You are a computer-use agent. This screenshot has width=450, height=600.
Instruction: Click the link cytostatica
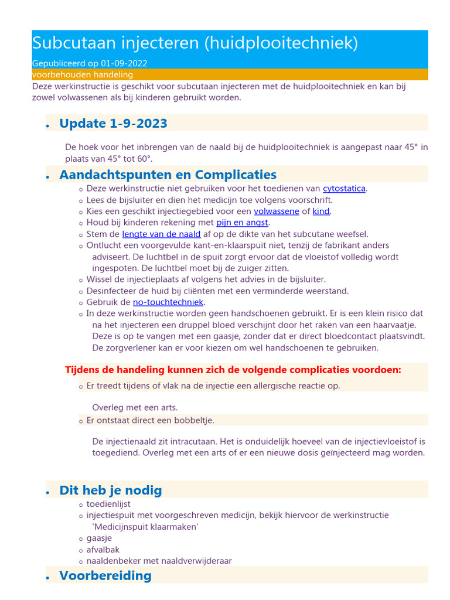344,189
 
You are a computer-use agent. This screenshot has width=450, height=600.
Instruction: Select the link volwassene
276,212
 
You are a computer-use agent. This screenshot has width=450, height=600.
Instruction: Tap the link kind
321,212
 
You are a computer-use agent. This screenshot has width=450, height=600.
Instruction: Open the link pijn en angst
241,223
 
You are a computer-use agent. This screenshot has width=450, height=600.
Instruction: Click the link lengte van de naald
161,234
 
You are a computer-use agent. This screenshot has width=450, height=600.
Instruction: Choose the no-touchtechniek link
168,302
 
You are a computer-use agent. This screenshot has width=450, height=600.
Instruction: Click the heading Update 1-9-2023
113,124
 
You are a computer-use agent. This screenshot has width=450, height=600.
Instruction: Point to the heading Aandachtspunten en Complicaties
168,175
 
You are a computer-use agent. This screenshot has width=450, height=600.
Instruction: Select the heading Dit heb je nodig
110,490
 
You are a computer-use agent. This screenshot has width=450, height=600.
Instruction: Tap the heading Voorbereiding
105,576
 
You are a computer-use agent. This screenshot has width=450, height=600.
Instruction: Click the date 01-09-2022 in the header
124,63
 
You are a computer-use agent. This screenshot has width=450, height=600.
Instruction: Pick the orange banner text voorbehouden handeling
82,75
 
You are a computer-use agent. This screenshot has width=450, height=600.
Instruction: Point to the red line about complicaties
233,370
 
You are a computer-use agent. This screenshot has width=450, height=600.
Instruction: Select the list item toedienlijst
108,504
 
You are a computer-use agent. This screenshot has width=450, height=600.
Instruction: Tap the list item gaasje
99,538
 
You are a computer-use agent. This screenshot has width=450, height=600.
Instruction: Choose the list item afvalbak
101,550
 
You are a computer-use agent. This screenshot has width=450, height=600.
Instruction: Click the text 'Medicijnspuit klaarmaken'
145,527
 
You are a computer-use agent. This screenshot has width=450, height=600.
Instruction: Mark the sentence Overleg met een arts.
135,408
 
